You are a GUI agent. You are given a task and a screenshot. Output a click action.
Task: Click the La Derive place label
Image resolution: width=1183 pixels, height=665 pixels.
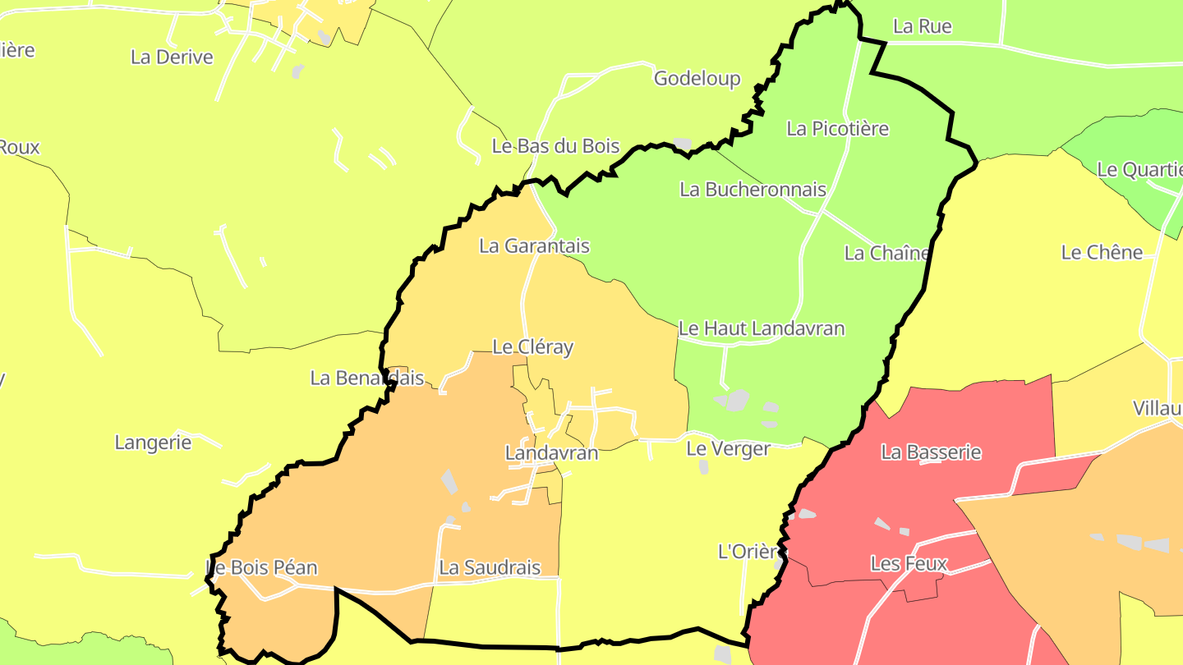point(172,57)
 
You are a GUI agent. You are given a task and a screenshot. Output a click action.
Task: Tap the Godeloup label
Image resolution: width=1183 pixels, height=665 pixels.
point(697,79)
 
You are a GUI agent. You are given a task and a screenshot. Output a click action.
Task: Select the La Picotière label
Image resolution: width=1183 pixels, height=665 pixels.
point(837,129)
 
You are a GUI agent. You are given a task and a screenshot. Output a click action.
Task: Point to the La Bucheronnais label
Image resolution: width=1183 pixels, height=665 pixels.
point(753,190)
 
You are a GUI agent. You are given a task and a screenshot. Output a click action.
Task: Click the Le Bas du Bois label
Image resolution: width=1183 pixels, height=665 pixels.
point(555,147)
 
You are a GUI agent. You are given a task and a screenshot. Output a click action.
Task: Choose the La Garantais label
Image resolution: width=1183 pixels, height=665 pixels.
point(534,246)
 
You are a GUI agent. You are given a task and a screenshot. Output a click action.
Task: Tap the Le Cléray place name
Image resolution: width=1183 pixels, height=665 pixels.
point(532,347)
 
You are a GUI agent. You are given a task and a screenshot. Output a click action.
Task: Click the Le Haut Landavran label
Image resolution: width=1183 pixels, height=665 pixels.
point(761,329)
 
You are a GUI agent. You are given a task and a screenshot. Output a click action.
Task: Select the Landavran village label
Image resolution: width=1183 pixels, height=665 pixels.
point(551,453)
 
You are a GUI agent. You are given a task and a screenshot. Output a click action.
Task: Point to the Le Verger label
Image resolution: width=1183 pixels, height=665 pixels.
point(728,449)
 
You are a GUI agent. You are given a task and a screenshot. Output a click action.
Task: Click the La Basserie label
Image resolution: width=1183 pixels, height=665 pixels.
point(931,452)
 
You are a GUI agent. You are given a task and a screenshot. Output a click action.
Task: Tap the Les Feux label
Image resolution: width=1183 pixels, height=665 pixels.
point(909,564)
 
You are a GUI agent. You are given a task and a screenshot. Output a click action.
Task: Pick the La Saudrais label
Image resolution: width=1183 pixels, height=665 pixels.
point(490,567)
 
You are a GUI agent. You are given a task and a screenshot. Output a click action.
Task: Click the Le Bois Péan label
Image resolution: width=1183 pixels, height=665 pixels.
point(261,567)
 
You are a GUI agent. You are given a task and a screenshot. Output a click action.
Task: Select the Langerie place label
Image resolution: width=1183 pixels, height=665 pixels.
point(153,443)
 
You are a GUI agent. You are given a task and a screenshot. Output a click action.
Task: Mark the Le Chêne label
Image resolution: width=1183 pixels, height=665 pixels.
point(1102,253)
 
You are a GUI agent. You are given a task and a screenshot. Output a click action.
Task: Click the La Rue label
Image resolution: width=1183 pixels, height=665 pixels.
point(922,26)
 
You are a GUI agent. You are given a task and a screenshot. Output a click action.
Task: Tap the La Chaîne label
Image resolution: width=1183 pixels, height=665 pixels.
point(886,254)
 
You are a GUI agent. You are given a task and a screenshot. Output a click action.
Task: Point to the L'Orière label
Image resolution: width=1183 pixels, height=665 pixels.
point(748,552)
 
